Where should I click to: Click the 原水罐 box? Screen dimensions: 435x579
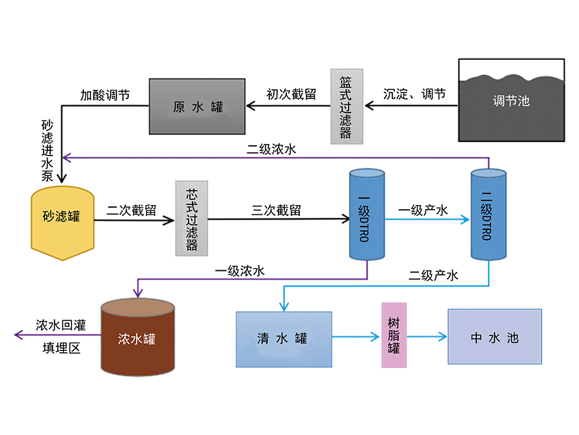pyautogui.click(x=197, y=107)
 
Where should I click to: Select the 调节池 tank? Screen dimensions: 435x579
pyautogui.click(x=511, y=101)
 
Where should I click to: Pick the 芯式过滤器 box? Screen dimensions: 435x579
pyautogui.click(x=192, y=221)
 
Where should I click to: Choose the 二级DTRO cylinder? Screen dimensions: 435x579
pyautogui.click(x=489, y=215)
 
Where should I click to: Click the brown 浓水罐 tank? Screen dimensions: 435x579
pyautogui.click(x=137, y=339)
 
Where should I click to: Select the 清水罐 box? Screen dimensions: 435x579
pyautogui.click(x=283, y=338)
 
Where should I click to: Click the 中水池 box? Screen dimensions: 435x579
pyautogui.click(x=495, y=337)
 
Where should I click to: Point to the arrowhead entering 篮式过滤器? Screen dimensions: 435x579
pyautogui.click(x=366, y=104)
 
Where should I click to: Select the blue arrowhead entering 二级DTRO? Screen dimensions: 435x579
pyautogui.click(x=465, y=220)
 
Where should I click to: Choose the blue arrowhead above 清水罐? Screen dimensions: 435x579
pyautogui.click(x=284, y=307)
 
